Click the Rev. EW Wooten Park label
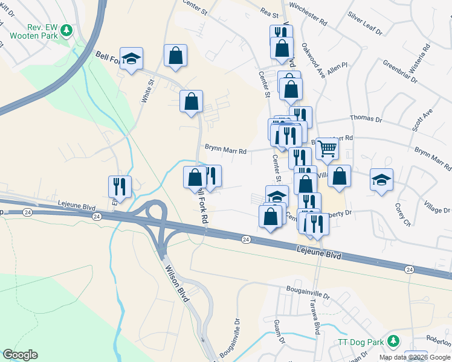[33, 31]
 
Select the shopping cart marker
[327, 147]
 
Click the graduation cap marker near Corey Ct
[381, 180]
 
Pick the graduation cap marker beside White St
[131, 59]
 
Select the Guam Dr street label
[279, 332]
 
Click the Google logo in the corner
[20, 355]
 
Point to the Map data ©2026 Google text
[414, 357]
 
